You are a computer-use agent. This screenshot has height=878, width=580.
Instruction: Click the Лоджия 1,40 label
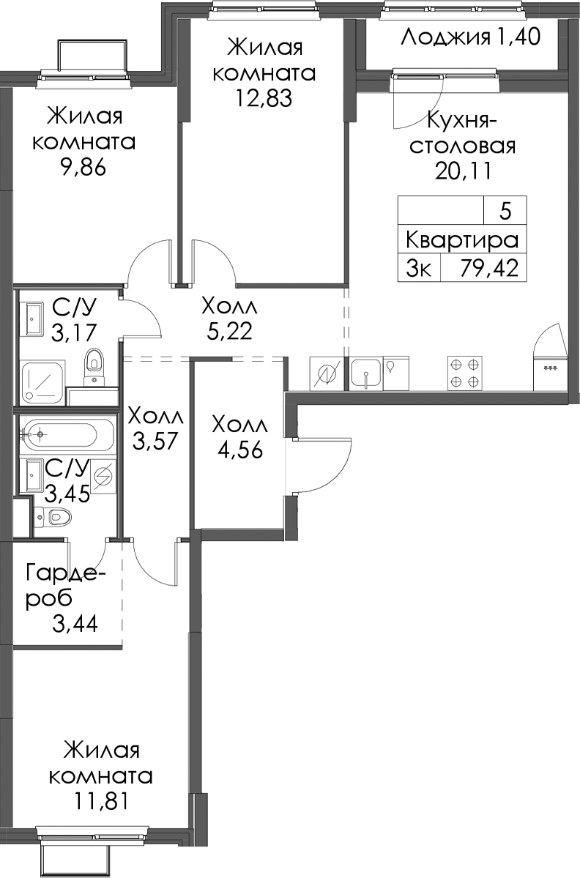tap(471, 37)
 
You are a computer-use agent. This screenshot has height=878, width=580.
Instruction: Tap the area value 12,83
tap(263, 99)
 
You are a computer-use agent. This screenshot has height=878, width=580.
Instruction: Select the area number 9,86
tap(83, 168)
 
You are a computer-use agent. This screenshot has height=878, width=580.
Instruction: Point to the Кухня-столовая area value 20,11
tap(464, 171)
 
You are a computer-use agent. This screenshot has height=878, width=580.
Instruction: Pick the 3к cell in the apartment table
tap(420, 269)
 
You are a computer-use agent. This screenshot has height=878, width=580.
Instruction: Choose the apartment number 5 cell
tap(505, 211)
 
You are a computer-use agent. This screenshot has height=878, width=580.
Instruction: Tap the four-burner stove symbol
tap(465, 373)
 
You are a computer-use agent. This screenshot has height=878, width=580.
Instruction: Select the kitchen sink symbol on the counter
tap(366, 373)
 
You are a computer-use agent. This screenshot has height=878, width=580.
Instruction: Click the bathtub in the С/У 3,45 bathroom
tap(68, 434)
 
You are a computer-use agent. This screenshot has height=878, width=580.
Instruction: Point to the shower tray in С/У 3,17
tap(43, 382)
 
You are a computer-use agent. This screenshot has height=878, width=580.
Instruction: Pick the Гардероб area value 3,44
tap(75, 622)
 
